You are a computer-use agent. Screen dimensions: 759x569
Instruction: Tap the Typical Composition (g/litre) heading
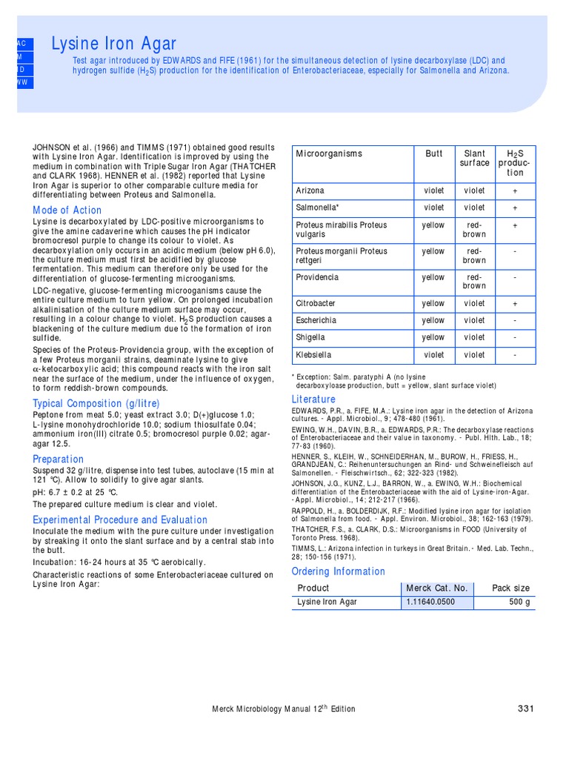[96, 403]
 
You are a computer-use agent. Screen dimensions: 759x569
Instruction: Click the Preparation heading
[59, 459]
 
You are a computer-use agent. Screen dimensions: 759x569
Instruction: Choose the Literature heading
[314, 400]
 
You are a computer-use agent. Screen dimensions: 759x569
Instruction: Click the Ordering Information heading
[339, 571]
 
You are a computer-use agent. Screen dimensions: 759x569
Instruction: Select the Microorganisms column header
[329, 154]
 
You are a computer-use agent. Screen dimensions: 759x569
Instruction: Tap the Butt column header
[434, 154]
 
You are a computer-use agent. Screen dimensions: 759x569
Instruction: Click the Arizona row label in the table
[310, 190]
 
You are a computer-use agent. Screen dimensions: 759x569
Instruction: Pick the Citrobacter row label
[316, 303]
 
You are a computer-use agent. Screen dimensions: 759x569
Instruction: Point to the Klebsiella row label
[314, 354]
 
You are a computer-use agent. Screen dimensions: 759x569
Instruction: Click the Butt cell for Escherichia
[434, 320]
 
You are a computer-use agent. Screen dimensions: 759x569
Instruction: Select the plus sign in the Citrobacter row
[515, 303]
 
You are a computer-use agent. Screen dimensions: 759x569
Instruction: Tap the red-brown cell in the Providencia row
[474, 281]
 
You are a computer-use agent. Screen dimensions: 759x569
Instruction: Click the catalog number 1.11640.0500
[430, 602]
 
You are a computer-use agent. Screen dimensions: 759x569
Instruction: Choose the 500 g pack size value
[518, 602]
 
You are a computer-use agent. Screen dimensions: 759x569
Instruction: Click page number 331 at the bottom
[525, 709]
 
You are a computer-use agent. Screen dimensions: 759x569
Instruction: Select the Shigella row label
[311, 337]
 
